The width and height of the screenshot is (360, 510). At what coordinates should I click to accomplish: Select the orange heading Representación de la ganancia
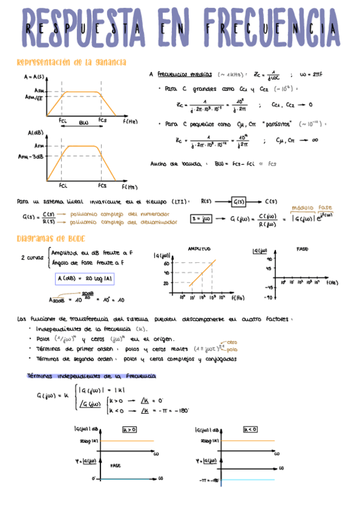click(71, 62)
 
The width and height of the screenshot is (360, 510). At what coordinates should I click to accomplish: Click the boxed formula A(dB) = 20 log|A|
click(84, 278)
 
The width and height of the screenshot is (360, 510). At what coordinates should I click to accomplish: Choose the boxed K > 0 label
click(129, 429)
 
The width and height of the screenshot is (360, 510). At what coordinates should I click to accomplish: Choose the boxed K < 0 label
click(251, 429)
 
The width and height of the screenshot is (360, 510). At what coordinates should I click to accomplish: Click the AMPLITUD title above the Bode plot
click(198, 248)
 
